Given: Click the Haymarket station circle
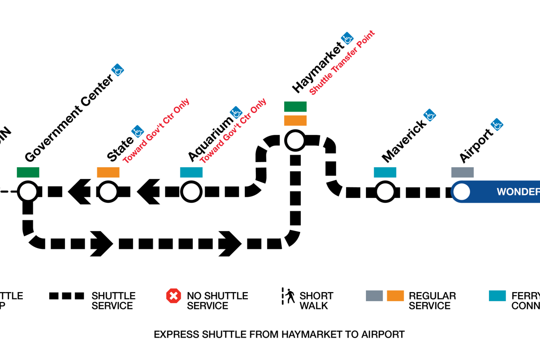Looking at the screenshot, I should [295, 141].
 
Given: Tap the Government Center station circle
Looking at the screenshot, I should [28, 192].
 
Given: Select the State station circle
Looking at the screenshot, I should [108, 192].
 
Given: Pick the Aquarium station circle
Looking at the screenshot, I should [191, 192].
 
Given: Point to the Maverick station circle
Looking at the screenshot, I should [385, 192].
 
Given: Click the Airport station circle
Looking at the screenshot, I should [462, 192].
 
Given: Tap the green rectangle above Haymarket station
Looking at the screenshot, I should [295, 106].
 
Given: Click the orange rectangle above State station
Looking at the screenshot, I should [108, 172].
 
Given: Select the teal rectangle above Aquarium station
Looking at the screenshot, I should [191, 172].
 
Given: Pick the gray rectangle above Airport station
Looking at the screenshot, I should [462, 172].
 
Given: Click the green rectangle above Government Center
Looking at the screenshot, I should [28, 172].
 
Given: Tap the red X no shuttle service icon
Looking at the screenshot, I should [174, 296].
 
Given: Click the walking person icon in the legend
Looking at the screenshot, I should [289, 296].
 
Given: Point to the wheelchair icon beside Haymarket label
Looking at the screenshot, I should [347, 38].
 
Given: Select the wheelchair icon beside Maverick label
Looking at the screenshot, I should [430, 115].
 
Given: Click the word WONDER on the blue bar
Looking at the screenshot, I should [518, 192].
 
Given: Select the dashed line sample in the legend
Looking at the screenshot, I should [67, 296].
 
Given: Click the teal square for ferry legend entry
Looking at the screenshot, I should [497, 296].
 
